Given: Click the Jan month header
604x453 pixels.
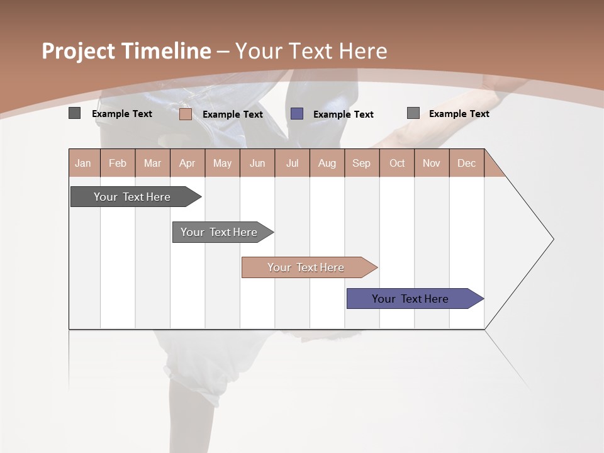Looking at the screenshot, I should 84,163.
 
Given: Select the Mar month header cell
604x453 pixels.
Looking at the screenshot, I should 152,163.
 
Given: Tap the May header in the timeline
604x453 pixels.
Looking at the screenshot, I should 222,163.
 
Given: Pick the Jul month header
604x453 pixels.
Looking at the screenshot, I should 292,163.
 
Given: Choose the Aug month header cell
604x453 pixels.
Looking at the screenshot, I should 327,163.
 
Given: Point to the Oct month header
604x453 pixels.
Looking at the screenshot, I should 396,163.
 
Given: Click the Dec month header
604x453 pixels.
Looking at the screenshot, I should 466,163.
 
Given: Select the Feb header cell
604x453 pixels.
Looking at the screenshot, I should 118,163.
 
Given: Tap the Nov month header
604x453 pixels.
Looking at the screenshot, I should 431,163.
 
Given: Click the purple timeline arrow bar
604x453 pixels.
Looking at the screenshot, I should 412,299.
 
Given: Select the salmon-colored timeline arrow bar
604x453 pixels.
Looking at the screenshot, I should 307,267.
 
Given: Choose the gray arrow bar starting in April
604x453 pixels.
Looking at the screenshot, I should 220,232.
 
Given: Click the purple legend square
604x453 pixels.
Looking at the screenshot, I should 297,114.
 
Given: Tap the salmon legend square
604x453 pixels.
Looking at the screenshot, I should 186,114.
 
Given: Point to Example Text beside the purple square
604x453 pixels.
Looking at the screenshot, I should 343,115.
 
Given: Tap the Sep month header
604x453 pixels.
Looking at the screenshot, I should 361,163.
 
